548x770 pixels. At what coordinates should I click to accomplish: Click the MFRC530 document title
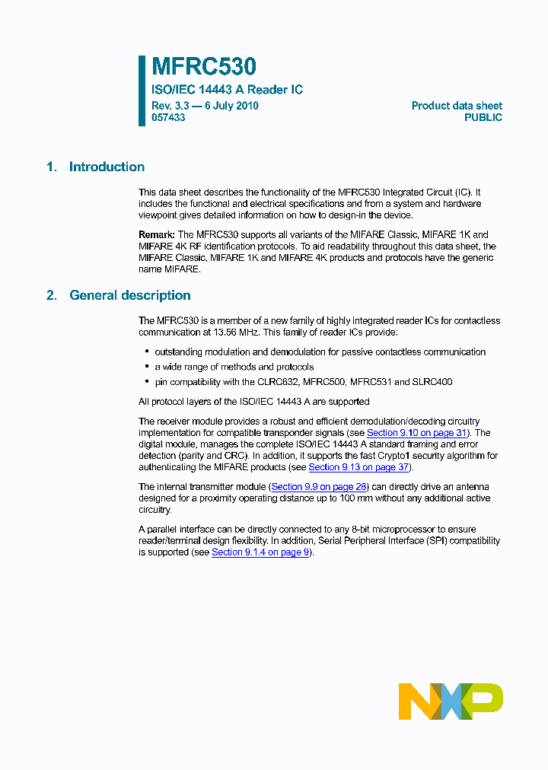[x=203, y=68]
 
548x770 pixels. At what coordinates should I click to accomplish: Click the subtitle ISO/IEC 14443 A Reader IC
[x=227, y=90]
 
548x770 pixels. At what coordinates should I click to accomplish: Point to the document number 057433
[x=168, y=118]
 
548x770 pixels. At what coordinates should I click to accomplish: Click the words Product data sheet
[x=457, y=106]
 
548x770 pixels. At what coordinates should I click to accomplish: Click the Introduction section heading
[x=107, y=167]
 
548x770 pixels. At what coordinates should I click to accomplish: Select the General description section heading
[x=129, y=295]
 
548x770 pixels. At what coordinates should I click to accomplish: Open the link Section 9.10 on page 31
[x=417, y=433]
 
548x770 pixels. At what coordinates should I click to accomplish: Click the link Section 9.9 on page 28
[x=319, y=487]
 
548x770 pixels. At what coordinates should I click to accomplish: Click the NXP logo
[x=451, y=701]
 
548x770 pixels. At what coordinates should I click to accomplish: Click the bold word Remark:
[x=157, y=235]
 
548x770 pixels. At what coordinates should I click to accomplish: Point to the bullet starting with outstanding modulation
[x=320, y=352]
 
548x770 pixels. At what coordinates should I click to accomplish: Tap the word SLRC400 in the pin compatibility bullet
[x=432, y=382]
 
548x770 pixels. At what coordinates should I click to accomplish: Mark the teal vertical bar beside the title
[x=142, y=91]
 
